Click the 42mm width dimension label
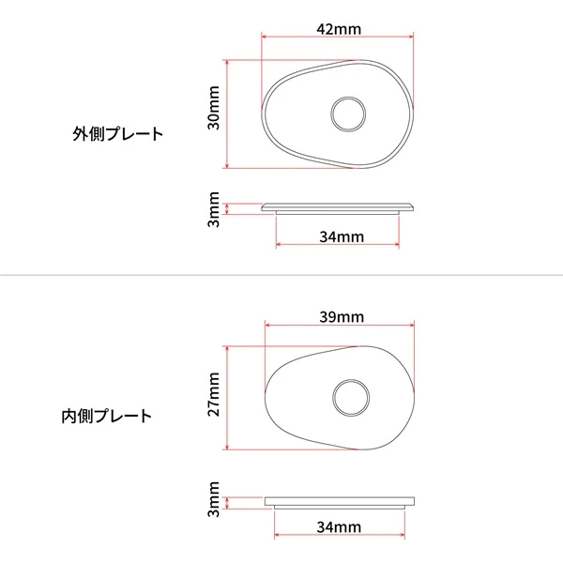point(339,29)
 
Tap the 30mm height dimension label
point(214,108)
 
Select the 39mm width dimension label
point(342,317)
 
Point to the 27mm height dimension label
point(214,394)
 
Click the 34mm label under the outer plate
point(342,237)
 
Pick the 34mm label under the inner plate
point(339,527)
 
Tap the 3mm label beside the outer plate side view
point(214,209)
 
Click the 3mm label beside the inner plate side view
point(214,499)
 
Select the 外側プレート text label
point(118,134)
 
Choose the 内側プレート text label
point(107,416)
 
